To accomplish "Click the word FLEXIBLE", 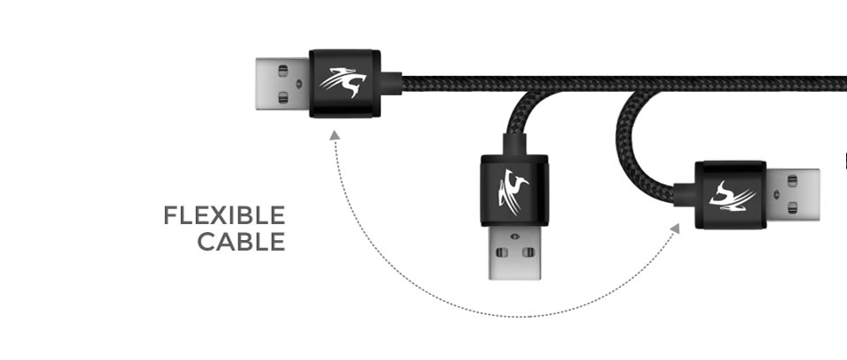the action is pyautogui.click(x=224, y=215).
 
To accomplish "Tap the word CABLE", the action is pyautogui.click(x=241, y=242).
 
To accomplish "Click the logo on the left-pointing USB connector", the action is pyautogui.click(x=343, y=82).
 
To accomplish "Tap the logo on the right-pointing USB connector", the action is pyautogui.click(x=732, y=195).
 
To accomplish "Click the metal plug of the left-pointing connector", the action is pyautogui.click(x=282, y=84).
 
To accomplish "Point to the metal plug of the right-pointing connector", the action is pyautogui.click(x=792, y=195).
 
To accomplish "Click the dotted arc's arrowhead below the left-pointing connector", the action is pyautogui.click(x=335, y=135).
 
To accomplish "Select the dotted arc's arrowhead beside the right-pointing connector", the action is pyautogui.click(x=675, y=229).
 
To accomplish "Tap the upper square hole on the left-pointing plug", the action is pyautogui.click(x=283, y=71).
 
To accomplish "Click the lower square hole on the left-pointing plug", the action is pyautogui.click(x=283, y=97).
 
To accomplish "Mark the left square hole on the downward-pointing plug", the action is pyautogui.click(x=502, y=252).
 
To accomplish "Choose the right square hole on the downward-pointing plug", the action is pyautogui.click(x=528, y=252).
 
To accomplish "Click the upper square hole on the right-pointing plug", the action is pyautogui.click(x=792, y=181).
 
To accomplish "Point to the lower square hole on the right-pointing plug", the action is pyautogui.click(x=792, y=207).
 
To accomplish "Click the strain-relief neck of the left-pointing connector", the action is pyautogui.click(x=391, y=83).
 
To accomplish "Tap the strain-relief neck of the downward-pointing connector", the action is pyautogui.click(x=514, y=145).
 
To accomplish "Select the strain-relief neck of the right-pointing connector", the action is pyautogui.click(x=685, y=195).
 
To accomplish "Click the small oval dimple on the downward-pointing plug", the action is pyautogui.click(x=513, y=236).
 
